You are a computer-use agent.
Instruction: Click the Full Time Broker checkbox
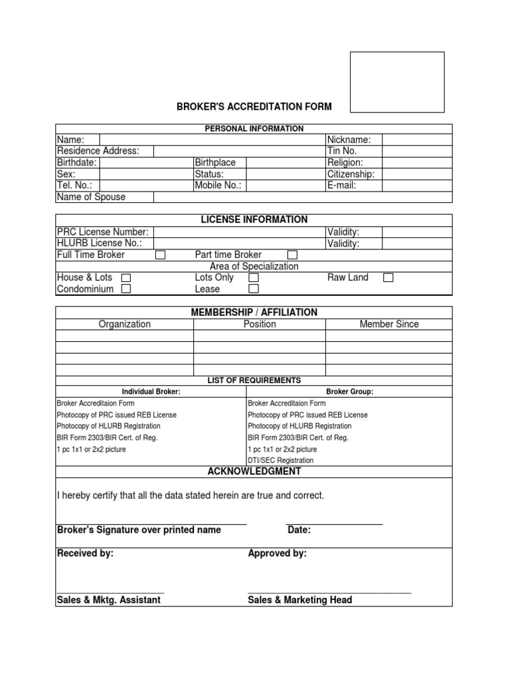pyautogui.click(x=160, y=255)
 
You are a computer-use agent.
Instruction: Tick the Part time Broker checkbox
pyautogui.click(x=292, y=255)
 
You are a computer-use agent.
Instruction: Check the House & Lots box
pyautogui.click(x=126, y=277)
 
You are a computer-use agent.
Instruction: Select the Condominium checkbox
pyautogui.click(x=126, y=289)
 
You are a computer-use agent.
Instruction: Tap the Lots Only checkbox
pyautogui.click(x=253, y=277)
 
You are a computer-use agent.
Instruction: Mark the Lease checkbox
pyautogui.click(x=253, y=289)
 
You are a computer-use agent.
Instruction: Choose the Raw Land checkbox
pyautogui.click(x=388, y=277)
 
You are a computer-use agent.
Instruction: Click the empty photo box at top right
pyautogui.click(x=397, y=82)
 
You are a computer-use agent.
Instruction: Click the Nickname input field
pyautogui.click(x=416, y=140)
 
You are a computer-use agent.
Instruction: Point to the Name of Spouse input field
pyautogui.click(x=302, y=197)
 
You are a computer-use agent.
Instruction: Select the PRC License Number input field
pyautogui.click(x=239, y=231)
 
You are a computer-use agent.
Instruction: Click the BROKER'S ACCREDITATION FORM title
pyautogui.click(x=253, y=106)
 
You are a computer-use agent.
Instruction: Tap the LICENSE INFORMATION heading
pyautogui.click(x=254, y=219)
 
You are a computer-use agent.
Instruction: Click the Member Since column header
pyautogui.click(x=389, y=325)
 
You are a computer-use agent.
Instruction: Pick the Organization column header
pyautogui.click(x=125, y=325)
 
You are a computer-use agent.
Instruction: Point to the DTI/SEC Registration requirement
pyautogui.click(x=281, y=460)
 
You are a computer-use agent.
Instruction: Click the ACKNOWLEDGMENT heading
pyautogui.click(x=254, y=472)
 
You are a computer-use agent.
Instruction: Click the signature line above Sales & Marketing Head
pyautogui.click(x=329, y=592)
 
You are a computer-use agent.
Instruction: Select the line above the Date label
pyautogui.click(x=335, y=524)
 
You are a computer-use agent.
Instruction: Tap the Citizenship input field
pyautogui.click(x=416, y=174)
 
